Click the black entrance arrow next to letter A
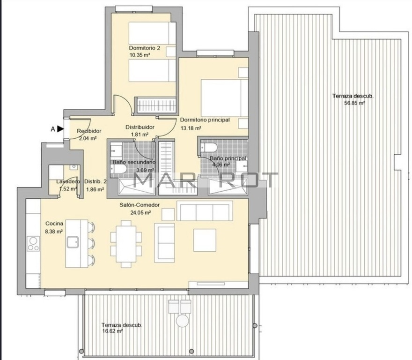pyautogui.click(x=61, y=129)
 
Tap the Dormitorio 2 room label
pyautogui.click(x=145, y=48)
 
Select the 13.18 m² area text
pyautogui.click(x=191, y=128)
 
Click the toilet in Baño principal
pyautogui.click(x=209, y=148)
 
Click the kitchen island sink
pyautogui.click(x=73, y=242)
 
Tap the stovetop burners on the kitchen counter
pyautogui.click(x=33, y=244)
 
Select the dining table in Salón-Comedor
pyautogui.click(x=126, y=244)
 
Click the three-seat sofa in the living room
pyautogui.click(x=205, y=211)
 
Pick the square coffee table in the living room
pyautogui.click(x=205, y=240)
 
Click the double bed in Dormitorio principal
pyautogui.click(x=224, y=97)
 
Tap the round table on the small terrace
pyautogui.click(x=183, y=321)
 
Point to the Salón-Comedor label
pyautogui.click(x=140, y=205)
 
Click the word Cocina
pyautogui.click(x=54, y=224)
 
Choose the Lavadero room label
pyautogui.click(x=68, y=181)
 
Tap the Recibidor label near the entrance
pyautogui.click(x=89, y=131)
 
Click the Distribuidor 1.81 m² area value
pyautogui.click(x=140, y=135)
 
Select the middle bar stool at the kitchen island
pyautogui.click(x=91, y=243)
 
